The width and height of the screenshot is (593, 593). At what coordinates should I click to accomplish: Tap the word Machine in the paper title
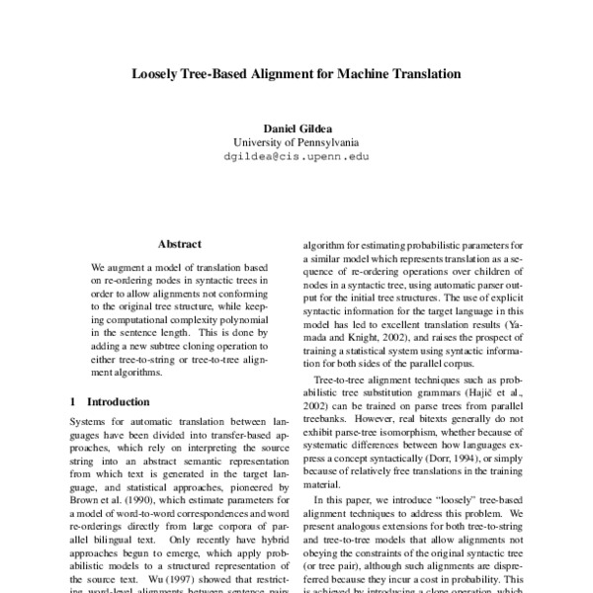coord(360,73)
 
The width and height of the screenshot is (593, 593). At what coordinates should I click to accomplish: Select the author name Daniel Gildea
coord(296,129)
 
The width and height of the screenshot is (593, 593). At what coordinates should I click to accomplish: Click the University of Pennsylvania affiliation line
coord(296,142)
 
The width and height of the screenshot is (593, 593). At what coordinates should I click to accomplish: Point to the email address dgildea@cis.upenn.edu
coord(296,156)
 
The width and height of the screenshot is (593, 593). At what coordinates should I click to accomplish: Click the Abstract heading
coord(179,243)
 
